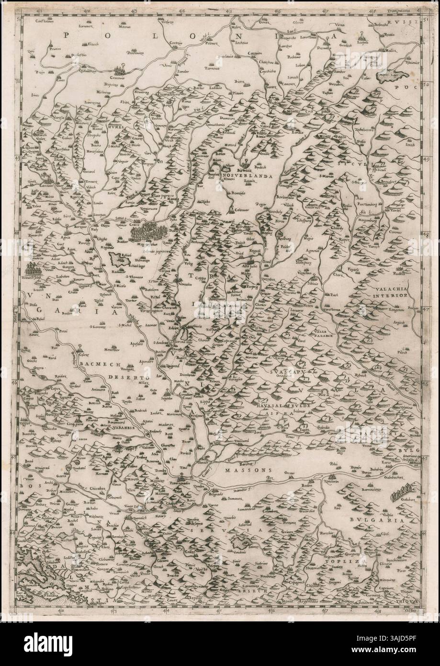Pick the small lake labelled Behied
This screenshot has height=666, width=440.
pyautogui.click(x=119, y=260)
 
